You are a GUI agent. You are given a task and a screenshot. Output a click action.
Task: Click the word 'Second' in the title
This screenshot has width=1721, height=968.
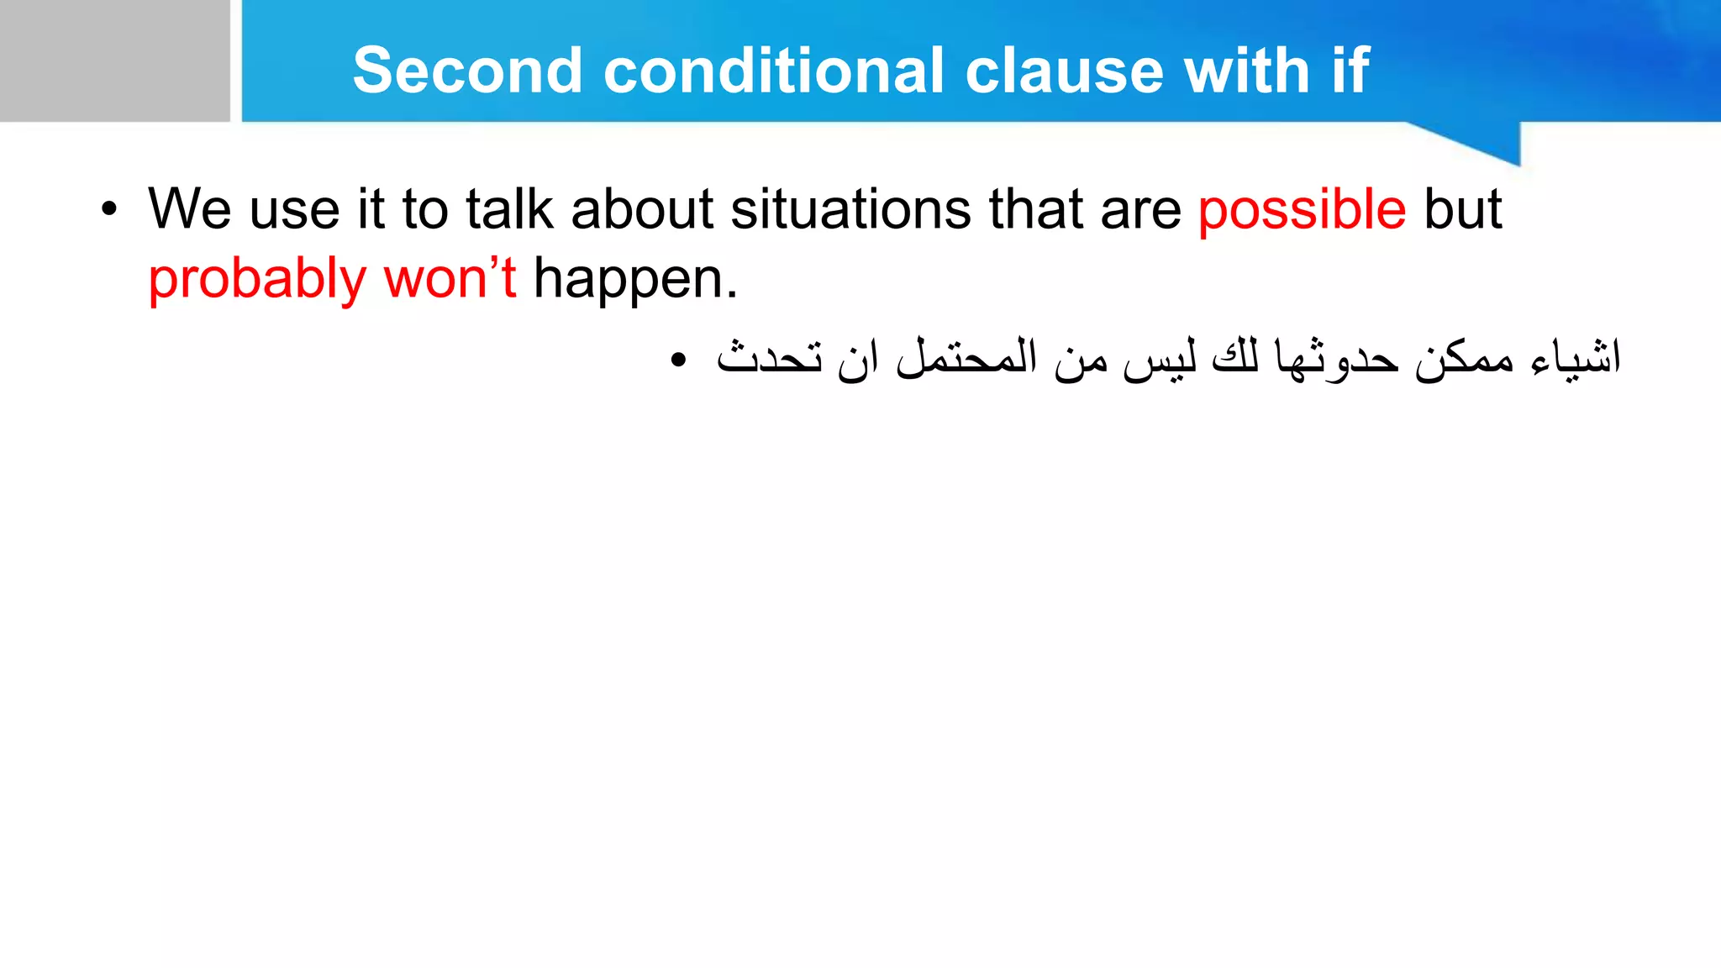(467, 71)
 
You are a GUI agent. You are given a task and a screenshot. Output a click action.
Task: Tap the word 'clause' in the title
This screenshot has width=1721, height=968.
(1064, 71)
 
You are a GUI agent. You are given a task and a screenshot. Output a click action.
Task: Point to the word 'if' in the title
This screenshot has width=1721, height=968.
(1350, 71)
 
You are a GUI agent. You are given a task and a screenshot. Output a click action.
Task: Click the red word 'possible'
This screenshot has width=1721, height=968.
(1302, 210)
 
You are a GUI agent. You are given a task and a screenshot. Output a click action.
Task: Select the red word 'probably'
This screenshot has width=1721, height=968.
(257, 280)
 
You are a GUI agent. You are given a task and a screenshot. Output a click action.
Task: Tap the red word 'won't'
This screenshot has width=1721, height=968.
(450, 278)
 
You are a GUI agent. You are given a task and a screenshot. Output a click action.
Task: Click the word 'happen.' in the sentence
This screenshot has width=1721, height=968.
(635, 280)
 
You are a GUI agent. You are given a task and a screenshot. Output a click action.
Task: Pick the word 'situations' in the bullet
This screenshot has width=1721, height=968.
(850, 210)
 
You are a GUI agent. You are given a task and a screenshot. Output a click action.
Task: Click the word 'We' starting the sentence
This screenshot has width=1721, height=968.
(189, 210)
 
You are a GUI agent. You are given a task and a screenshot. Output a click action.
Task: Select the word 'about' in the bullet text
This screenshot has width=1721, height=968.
(642, 210)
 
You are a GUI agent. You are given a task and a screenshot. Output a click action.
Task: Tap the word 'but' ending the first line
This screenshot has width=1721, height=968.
(1463, 210)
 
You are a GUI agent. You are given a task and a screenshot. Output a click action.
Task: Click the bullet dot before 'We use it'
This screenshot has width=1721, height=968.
(108, 210)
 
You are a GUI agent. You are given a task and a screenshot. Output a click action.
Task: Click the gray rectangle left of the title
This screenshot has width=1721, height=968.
(114, 60)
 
